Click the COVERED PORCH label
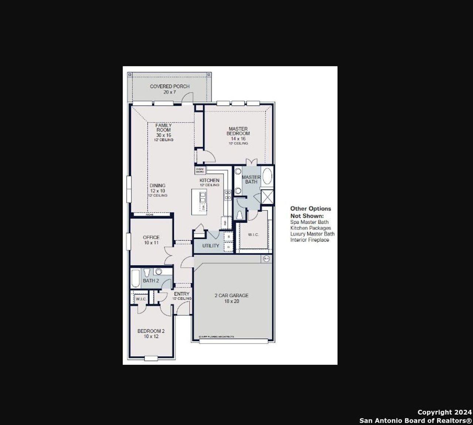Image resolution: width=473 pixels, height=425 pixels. click(170, 86)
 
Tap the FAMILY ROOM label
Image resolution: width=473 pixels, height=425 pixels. click(163, 127)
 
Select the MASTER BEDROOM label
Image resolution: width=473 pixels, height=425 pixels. click(238, 131)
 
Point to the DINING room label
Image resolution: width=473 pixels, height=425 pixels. click(157, 186)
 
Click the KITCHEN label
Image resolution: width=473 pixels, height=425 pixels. click(210, 180)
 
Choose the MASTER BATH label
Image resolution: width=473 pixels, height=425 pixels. click(251, 180)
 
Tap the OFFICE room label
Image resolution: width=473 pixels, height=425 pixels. click(151, 237)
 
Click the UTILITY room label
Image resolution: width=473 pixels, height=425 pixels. click(211, 246)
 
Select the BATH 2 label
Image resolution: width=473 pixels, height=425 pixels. click(151, 280)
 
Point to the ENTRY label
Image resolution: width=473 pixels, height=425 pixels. click(181, 294)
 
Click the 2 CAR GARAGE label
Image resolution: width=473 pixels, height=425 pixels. click(231, 295)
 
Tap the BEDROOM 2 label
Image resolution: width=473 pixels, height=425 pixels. click(151, 331)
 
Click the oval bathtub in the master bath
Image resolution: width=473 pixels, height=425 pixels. click(267, 176)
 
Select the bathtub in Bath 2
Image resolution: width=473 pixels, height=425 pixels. click(135, 279)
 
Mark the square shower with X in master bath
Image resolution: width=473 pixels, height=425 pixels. click(267, 197)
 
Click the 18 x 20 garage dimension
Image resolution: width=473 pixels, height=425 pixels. click(231, 301)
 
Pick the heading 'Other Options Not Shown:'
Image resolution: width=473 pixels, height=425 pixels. click(310, 212)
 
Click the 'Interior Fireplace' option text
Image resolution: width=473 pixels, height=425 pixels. click(309, 240)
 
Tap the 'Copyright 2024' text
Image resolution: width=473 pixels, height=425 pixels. click(445, 412)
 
